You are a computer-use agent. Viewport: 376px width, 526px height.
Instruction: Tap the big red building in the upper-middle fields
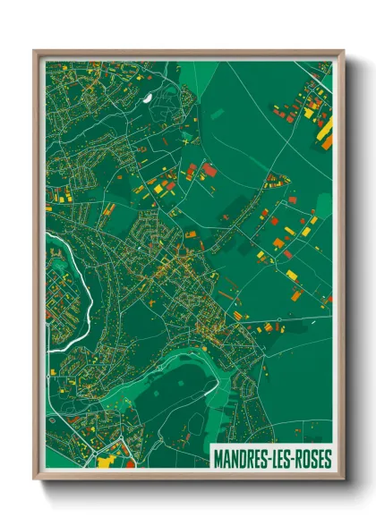point(209,169)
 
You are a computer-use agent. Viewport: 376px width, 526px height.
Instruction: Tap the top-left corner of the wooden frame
point(34,51)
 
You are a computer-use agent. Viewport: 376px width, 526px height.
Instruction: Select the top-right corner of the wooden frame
point(344,51)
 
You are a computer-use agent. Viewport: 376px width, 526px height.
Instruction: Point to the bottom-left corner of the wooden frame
point(34,480)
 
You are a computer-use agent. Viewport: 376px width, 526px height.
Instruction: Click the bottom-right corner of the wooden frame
point(344,480)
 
